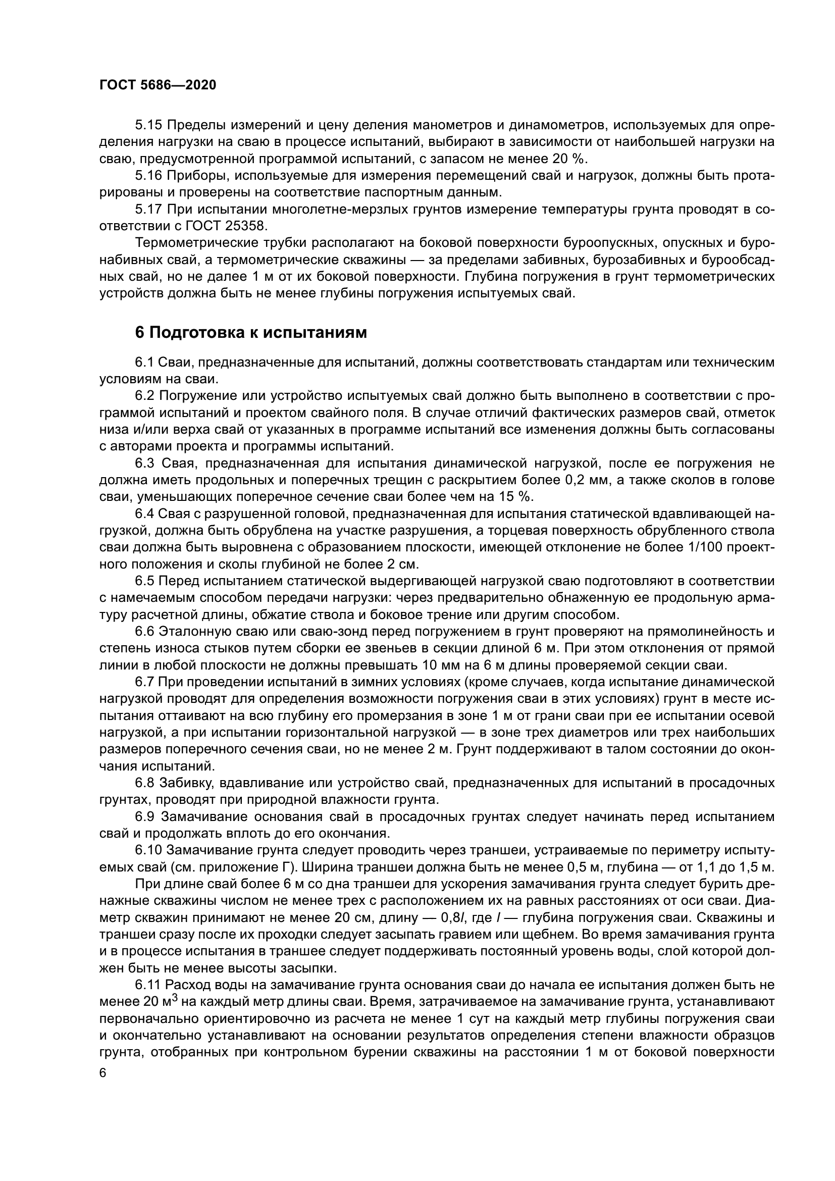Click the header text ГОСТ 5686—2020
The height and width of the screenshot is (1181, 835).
click(x=158, y=85)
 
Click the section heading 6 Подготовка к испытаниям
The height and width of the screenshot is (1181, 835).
click(x=251, y=333)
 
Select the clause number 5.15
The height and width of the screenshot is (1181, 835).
click(x=148, y=125)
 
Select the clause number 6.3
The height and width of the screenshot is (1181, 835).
click(x=145, y=464)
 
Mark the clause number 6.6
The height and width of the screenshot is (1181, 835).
click(x=145, y=631)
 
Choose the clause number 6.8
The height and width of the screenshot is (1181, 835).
click(x=145, y=784)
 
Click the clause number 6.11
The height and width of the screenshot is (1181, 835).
click(x=148, y=985)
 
